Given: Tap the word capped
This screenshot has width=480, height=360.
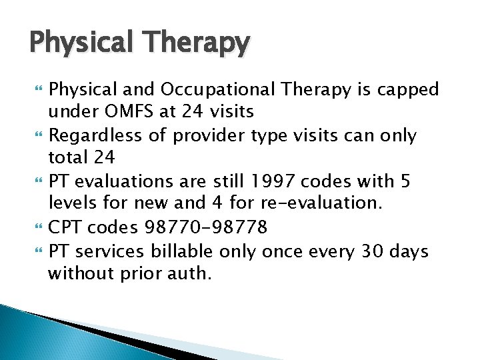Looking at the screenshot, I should point(412,89).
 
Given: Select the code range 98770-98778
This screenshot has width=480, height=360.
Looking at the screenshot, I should point(206,228).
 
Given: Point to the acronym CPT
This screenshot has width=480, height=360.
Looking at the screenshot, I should point(65,228).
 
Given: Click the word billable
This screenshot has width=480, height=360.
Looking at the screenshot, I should point(183,251).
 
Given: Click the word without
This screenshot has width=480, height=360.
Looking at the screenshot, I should point(75,274).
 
